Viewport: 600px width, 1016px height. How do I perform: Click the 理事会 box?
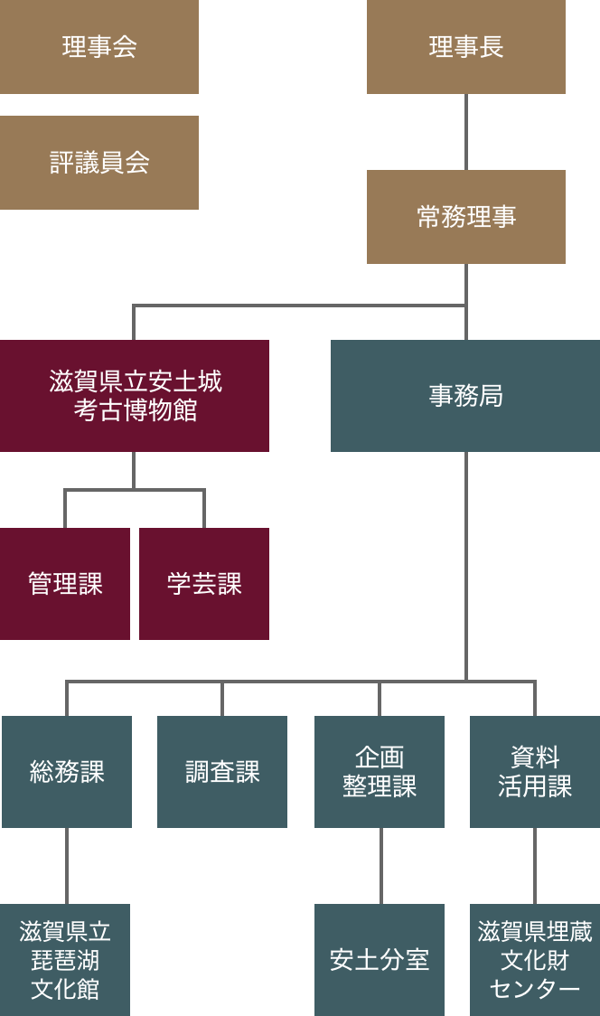click(x=99, y=47)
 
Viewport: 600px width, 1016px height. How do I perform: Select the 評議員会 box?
click(x=99, y=163)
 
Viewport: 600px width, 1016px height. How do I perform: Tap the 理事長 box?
click(x=466, y=47)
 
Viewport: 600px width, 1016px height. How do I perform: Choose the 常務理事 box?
click(x=466, y=217)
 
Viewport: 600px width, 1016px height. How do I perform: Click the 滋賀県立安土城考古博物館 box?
click(x=135, y=396)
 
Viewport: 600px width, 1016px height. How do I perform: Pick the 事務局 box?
click(x=465, y=396)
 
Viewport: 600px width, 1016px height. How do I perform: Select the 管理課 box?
click(x=65, y=584)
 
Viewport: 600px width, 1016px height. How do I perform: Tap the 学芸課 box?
click(x=204, y=584)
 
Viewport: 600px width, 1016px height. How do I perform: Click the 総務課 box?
click(x=67, y=772)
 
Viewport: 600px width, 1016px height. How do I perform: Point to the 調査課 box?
click(x=222, y=772)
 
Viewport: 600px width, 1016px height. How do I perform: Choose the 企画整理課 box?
click(x=380, y=772)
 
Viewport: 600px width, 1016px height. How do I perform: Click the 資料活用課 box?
click(x=535, y=772)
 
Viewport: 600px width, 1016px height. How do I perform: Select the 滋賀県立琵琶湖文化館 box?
click(x=65, y=960)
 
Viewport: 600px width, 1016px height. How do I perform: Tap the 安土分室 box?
click(x=380, y=960)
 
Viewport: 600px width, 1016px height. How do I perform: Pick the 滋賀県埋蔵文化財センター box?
click(x=535, y=960)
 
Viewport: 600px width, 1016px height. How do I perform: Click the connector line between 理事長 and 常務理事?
click(x=466, y=132)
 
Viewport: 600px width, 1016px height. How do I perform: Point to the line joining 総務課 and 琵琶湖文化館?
click(x=67, y=866)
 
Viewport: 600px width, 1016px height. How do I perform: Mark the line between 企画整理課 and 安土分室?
click(x=380, y=866)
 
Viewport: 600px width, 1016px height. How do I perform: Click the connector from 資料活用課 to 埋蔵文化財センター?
click(x=535, y=866)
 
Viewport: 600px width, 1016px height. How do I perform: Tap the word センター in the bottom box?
click(x=535, y=990)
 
